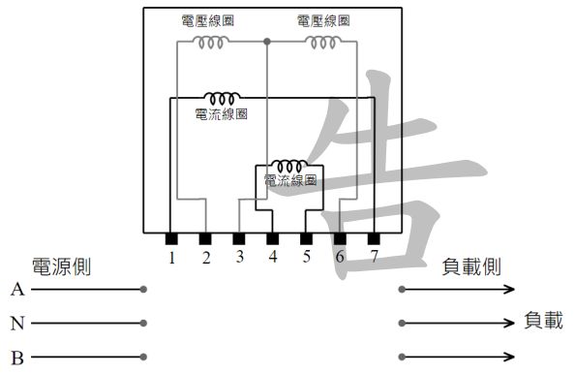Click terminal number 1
(x=171, y=258)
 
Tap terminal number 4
(x=273, y=258)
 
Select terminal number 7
(x=374, y=258)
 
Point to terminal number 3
(x=239, y=258)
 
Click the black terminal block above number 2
(x=205, y=238)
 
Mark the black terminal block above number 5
(x=307, y=238)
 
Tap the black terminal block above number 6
(x=340, y=238)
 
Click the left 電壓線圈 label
(x=208, y=20)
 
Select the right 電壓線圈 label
(x=323, y=20)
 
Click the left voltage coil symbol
(x=210, y=42)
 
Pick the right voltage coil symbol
(x=322, y=42)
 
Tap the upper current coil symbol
(x=223, y=98)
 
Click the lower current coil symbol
(x=289, y=167)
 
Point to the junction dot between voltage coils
(x=266, y=42)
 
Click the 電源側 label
(x=61, y=266)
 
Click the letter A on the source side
(x=16, y=290)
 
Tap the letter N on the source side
(x=16, y=323)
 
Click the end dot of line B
(x=143, y=357)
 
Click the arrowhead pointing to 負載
(x=510, y=323)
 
